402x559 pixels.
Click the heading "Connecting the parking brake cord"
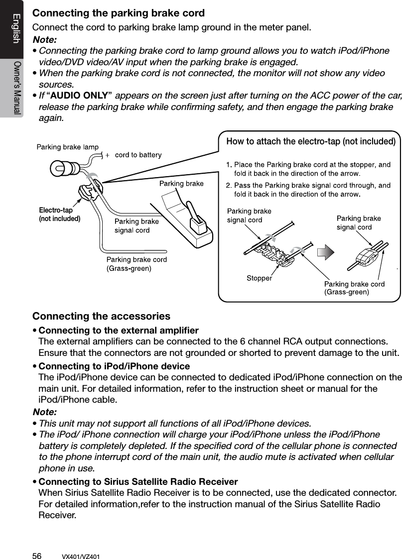coord(119,12)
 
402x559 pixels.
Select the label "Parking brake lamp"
coord(68,146)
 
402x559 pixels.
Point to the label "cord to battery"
coord(138,155)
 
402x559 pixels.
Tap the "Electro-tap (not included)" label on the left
coord(59,214)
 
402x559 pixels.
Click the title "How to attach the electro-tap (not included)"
coord(311,141)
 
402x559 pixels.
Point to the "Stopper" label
coord(259,278)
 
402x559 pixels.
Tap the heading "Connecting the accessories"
coord(101,316)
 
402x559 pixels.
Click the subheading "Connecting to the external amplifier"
coord(119,331)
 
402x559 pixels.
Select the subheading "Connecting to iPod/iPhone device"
coord(114,367)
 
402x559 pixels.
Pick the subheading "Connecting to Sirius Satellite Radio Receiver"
coord(138,482)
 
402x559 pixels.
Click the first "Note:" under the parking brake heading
coord(44,39)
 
